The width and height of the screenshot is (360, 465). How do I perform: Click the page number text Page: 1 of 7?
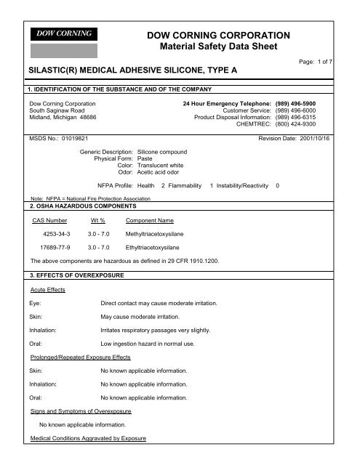pyautogui.click(x=336, y=63)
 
